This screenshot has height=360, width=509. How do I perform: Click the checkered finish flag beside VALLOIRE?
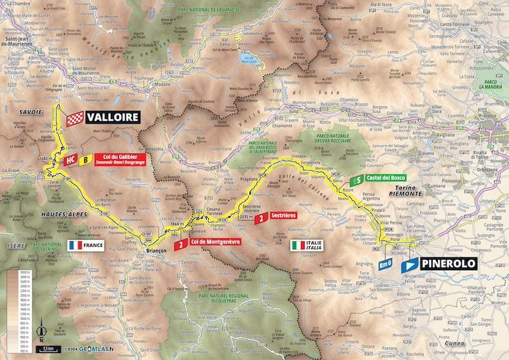(75, 118)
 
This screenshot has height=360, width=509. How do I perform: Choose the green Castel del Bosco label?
(385, 180)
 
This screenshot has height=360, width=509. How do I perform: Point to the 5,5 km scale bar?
(49, 349)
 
